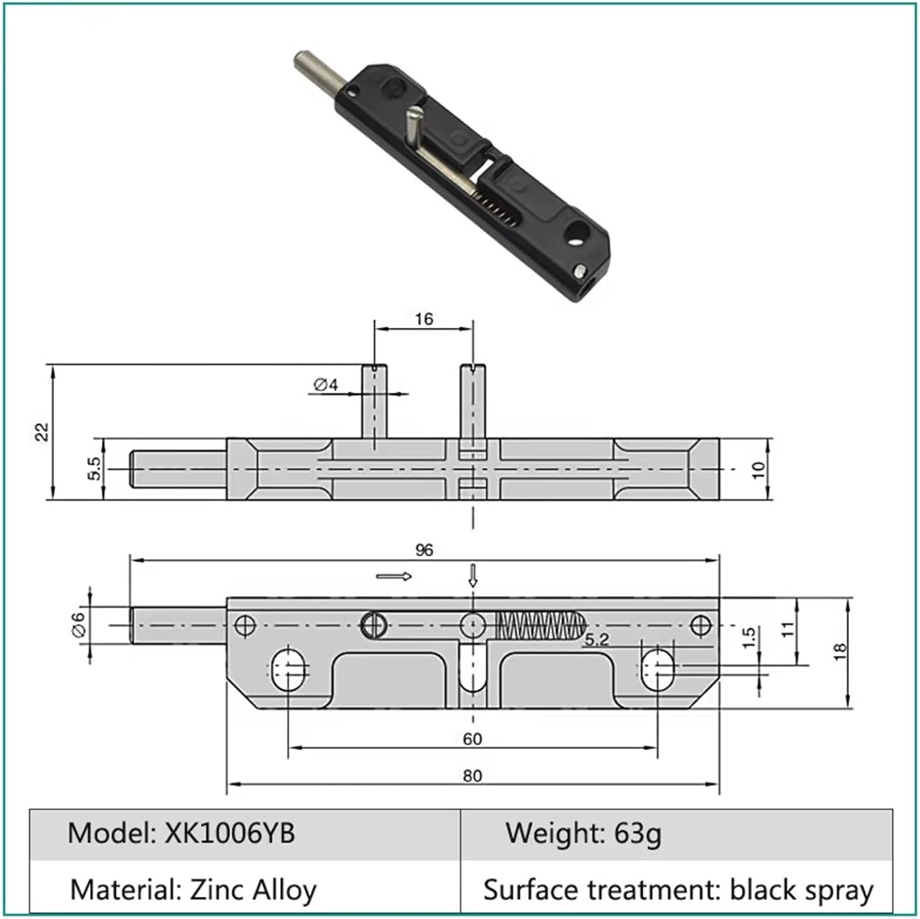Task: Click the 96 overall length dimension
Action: coord(424,550)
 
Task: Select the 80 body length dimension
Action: coord(472,776)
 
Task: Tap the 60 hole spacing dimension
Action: coord(472,739)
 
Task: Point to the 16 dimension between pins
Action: coord(423,319)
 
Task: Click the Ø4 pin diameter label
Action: coord(326,385)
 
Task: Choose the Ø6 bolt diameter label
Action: coord(79,625)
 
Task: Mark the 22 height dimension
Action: coord(42,432)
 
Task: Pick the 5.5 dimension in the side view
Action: coord(93,469)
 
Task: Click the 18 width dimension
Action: coord(840,651)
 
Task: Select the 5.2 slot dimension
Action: coord(596,640)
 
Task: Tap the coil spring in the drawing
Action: coord(537,625)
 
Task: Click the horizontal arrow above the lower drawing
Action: coord(394,576)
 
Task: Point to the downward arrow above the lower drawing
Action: coord(472,575)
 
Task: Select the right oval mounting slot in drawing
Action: coord(658,668)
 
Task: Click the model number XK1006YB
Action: coord(229,833)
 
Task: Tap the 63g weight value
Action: coord(637,833)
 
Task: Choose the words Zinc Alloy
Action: coord(253,890)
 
